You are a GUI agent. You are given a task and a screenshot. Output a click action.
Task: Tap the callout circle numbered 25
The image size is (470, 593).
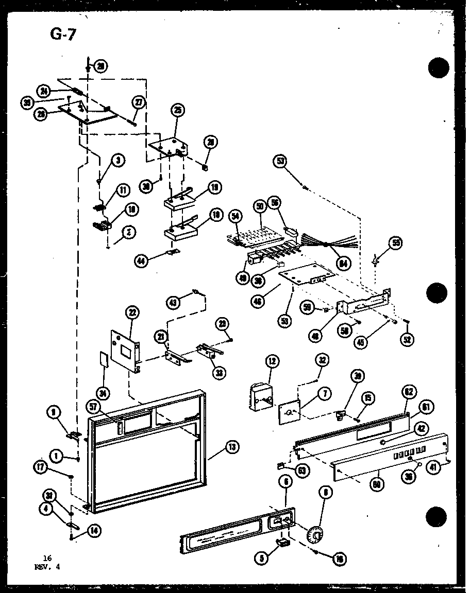179,110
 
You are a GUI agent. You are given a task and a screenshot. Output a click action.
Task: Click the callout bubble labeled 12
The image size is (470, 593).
272,361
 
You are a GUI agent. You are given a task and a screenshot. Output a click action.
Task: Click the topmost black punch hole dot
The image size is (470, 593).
438,68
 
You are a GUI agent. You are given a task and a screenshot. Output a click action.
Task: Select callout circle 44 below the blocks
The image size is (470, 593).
141,261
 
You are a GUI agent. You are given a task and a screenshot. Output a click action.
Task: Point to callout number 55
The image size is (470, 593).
396,243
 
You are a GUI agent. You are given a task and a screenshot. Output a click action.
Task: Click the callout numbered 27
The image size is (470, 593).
139,102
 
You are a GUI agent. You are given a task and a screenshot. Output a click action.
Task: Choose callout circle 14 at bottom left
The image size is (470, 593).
95,531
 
